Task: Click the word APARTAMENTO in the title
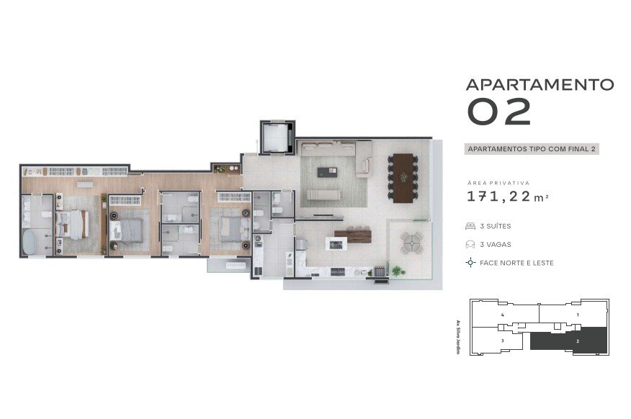[x=540, y=84]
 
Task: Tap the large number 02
[x=499, y=112]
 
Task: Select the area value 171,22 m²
[x=507, y=197]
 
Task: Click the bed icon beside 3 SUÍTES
[x=470, y=226]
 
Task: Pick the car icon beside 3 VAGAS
[x=470, y=244]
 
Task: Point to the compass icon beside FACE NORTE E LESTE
[x=470, y=263]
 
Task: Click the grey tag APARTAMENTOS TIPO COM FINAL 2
[x=532, y=149]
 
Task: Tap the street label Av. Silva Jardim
[x=458, y=337]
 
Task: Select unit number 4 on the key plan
[x=503, y=315]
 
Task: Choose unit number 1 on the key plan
[x=578, y=315]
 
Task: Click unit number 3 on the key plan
[x=503, y=341]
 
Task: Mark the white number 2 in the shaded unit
[x=578, y=341]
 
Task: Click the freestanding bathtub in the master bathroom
[x=29, y=242]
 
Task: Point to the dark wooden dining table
[x=403, y=178]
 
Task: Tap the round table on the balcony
[x=412, y=243]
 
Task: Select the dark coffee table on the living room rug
[x=327, y=172]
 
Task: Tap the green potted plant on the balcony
[x=398, y=271]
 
